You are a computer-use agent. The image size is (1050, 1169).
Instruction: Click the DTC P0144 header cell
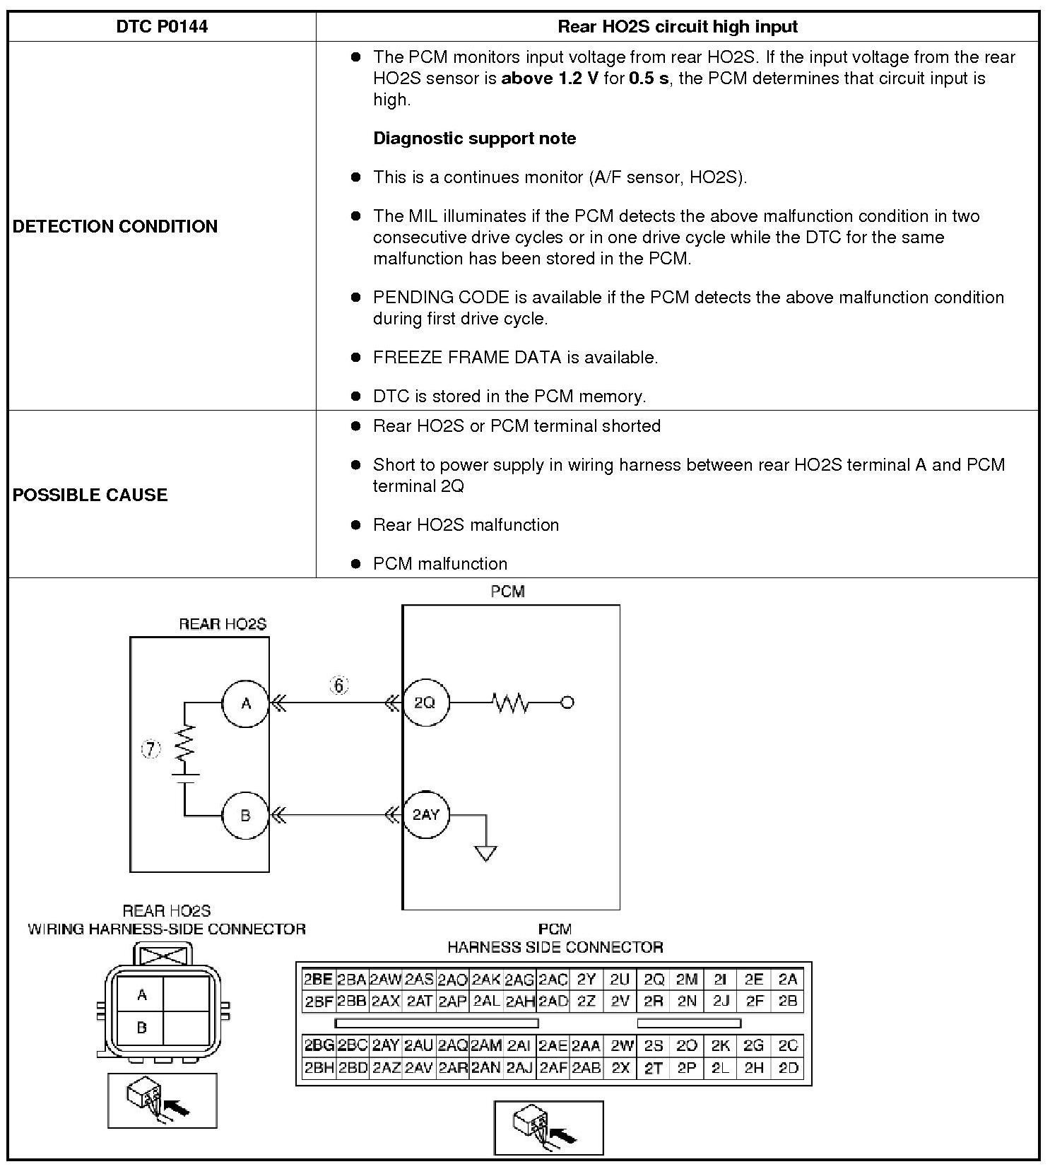point(162,27)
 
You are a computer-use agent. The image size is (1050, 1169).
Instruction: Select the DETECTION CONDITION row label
point(115,226)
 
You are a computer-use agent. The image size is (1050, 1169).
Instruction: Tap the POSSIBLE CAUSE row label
point(90,495)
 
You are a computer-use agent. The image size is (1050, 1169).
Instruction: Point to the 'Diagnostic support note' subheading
point(474,139)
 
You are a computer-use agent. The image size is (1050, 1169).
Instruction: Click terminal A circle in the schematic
point(245,703)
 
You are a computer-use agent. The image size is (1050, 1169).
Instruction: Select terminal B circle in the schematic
point(245,815)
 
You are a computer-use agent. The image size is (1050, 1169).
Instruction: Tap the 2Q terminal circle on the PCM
point(425,703)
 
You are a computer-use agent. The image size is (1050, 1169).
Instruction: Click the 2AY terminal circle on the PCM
point(425,815)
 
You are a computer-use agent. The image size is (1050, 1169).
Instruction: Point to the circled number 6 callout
point(339,685)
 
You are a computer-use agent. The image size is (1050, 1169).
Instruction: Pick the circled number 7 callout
point(151,749)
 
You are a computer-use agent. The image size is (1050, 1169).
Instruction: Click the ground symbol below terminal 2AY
point(486,853)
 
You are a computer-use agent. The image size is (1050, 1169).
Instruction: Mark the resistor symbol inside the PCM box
point(510,703)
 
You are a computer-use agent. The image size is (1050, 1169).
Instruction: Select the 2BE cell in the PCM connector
point(318,980)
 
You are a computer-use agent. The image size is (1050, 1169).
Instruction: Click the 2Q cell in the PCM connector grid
point(654,980)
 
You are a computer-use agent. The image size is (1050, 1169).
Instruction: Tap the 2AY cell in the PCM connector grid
point(386,1045)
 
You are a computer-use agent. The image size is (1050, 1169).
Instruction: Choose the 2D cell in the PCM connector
point(787,1068)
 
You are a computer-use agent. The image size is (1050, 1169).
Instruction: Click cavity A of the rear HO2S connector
point(141,995)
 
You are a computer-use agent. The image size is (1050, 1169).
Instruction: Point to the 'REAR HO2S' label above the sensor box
point(223,624)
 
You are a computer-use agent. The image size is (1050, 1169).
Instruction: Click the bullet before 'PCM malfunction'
point(356,564)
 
